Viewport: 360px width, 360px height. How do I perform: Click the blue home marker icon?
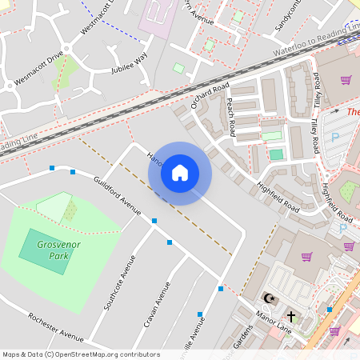coord(180,173)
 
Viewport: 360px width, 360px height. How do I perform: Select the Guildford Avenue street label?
coord(117,196)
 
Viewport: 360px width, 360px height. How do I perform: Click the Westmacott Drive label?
coord(38,70)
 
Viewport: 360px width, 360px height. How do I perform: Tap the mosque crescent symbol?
coord(269,298)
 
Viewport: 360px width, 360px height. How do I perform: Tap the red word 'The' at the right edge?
coord(354,112)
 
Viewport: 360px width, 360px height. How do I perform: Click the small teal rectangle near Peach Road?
coord(276,154)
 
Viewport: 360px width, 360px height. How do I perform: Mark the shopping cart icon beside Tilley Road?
coord(346,80)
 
